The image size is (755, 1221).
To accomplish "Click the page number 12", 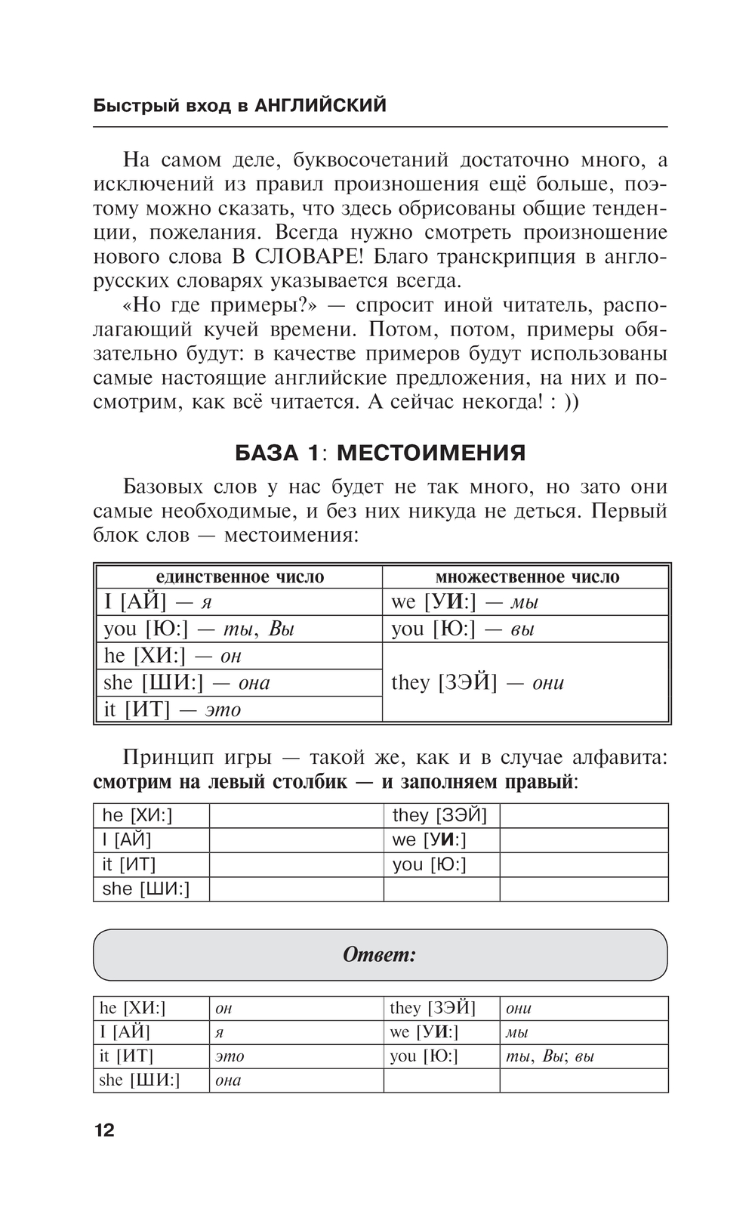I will click(104, 1130).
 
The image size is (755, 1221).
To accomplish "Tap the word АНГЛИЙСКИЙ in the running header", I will click(320, 105).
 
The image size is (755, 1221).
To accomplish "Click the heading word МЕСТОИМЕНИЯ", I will click(431, 453).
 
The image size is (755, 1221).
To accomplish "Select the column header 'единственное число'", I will click(239, 577).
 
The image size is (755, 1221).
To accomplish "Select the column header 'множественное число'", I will click(526, 577).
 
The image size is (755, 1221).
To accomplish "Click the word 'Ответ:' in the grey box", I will click(380, 955).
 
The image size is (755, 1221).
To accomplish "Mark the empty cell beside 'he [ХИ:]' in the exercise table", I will click(296, 816).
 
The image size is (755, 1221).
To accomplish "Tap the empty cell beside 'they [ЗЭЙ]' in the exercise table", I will click(584, 816).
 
